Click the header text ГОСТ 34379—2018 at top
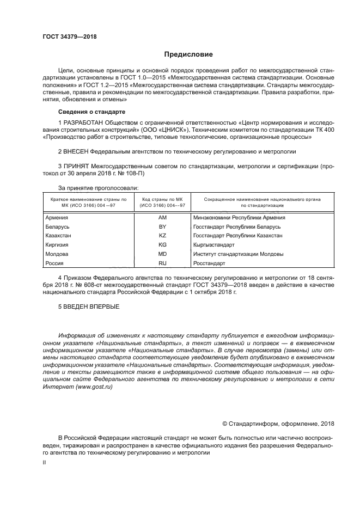(69, 38)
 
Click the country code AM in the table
(162, 217)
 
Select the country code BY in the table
(162, 226)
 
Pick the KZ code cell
(162, 236)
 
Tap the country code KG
(162, 245)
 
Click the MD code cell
(162, 254)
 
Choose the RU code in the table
(162, 263)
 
